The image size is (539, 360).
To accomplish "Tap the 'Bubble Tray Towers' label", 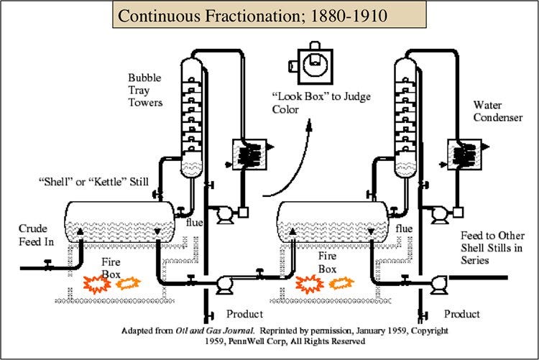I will click(145, 90).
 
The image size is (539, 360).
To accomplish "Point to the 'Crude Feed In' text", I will click(37, 234).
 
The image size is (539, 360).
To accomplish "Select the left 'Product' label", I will click(245, 314).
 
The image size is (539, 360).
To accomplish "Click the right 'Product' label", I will click(462, 314).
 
